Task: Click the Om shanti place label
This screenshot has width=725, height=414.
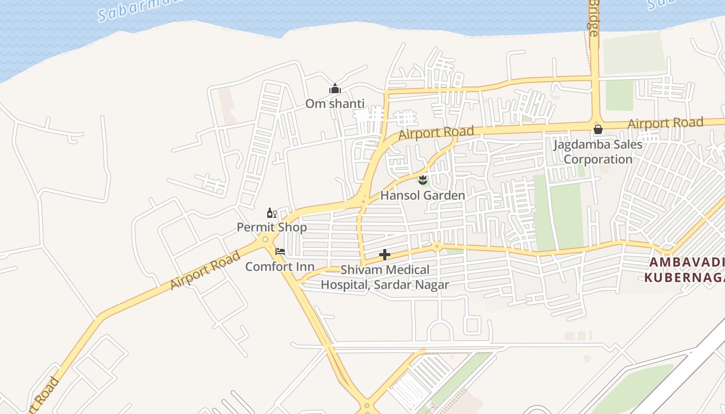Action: (x=335, y=103)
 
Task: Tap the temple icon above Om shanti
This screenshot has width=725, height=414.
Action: (x=335, y=89)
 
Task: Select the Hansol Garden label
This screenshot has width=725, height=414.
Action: (x=423, y=196)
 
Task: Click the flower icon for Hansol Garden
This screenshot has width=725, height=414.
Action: (x=423, y=180)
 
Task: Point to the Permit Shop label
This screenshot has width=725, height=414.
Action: (x=271, y=227)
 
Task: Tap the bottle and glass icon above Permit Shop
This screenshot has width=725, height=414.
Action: (x=271, y=213)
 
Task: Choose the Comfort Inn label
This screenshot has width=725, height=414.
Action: (x=280, y=267)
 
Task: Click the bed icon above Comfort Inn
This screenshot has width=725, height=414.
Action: (x=280, y=252)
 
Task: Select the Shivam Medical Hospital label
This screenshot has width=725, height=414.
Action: (x=385, y=277)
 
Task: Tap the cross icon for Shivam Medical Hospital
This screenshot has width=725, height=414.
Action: (x=384, y=255)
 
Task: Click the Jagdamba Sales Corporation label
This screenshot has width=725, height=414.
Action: (x=598, y=152)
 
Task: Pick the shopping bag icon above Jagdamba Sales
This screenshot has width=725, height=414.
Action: (x=598, y=129)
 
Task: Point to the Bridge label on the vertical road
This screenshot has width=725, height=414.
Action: (x=593, y=18)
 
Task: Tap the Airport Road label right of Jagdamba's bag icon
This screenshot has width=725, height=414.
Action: (x=665, y=123)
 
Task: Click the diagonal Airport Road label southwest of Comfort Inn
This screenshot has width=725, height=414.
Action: (x=205, y=270)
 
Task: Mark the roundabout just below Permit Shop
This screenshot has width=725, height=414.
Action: (x=266, y=239)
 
